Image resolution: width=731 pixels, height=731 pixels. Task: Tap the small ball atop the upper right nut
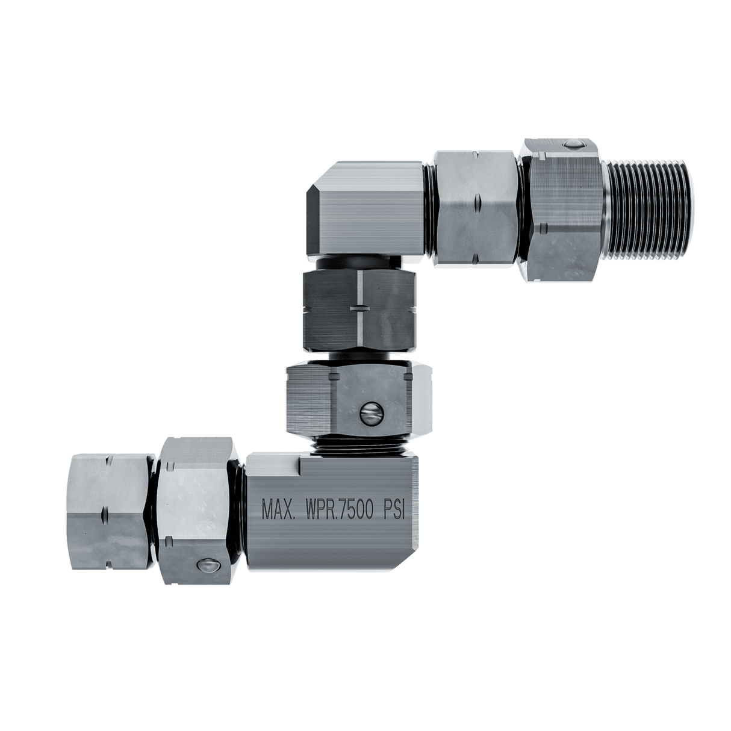[573, 145]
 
